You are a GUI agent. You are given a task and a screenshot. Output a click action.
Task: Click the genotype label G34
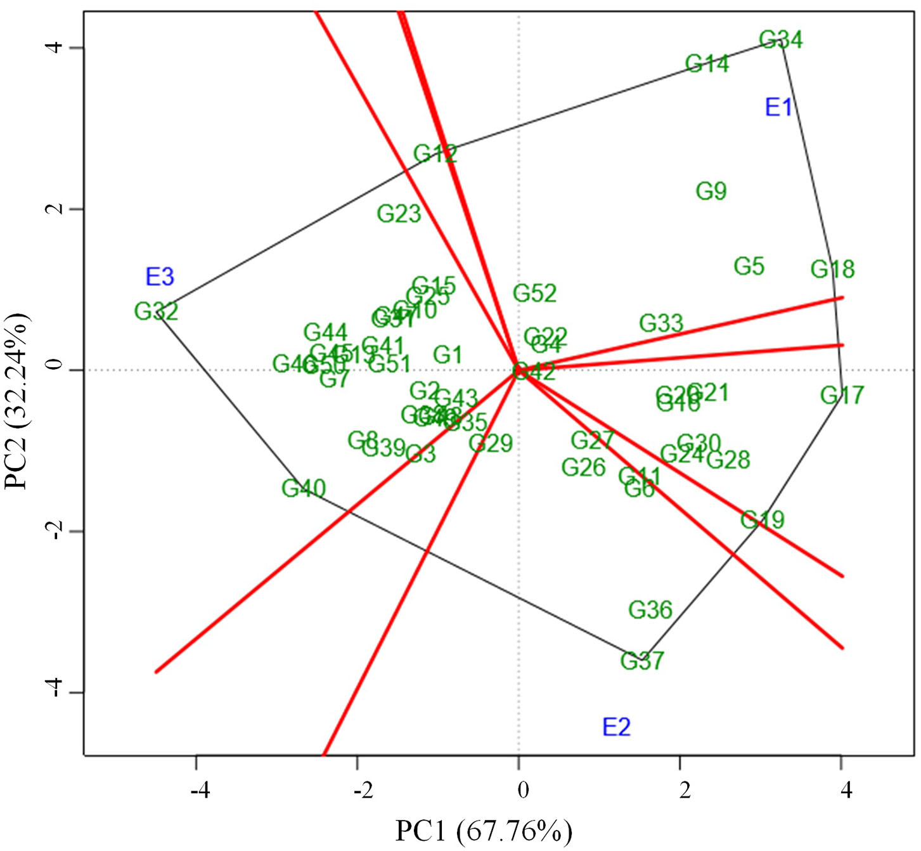pos(781,40)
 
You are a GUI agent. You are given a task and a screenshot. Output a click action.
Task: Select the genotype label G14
pos(707,63)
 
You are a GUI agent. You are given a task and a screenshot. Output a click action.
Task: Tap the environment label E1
pos(778,107)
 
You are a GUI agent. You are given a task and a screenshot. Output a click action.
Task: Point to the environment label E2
pos(616,727)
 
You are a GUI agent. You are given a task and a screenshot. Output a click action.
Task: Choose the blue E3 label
pos(160,276)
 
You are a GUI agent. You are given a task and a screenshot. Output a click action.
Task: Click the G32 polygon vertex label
pos(156,311)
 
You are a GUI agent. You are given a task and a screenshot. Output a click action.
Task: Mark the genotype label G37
pos(641,661)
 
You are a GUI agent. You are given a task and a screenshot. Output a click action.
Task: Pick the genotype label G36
pos(650,609)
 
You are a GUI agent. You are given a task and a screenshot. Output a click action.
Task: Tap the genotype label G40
pos(304,488)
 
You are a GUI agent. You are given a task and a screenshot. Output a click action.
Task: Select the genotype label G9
pos(711,191)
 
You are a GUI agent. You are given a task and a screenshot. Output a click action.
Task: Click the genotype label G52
pos(534,293)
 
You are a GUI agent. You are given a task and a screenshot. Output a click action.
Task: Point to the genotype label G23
pos(399,214)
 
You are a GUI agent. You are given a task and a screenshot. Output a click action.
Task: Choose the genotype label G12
pos(435,153)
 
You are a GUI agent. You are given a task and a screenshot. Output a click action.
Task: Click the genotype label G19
pos(762,520)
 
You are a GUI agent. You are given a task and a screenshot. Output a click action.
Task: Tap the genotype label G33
pos(660,323)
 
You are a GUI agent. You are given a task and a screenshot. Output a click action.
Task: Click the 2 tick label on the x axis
pos(684,791)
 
